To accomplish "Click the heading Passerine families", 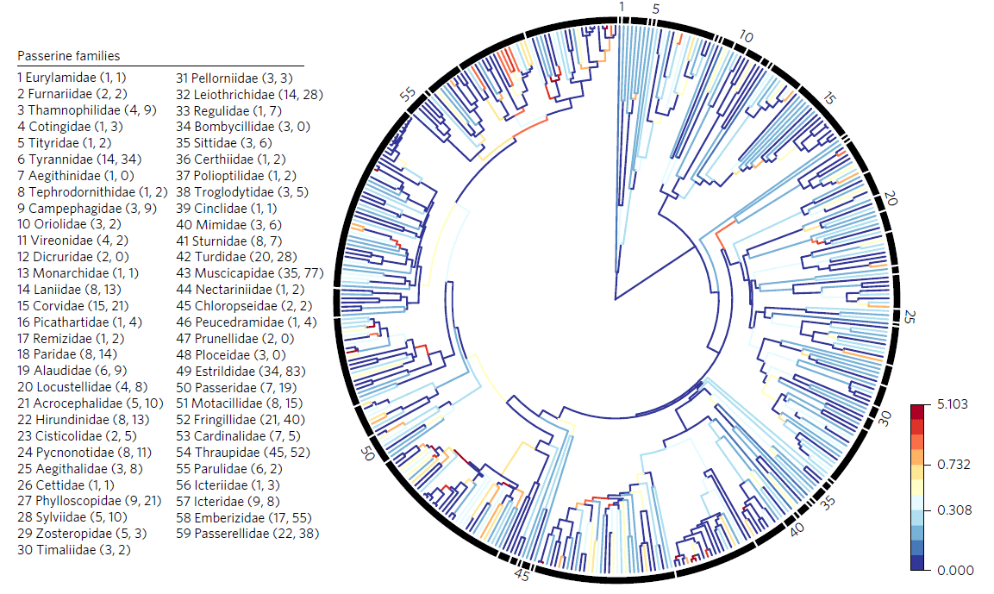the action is (68, 56).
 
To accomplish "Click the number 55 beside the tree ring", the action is (409, 95).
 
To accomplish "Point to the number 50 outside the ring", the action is (367, 453).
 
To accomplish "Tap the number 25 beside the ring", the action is (910, 316).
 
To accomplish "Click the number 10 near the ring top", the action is (746, 37).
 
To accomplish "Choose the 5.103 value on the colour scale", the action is (953, 404).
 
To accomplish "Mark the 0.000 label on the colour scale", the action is (955, 571).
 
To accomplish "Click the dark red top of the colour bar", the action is (917, 410).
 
